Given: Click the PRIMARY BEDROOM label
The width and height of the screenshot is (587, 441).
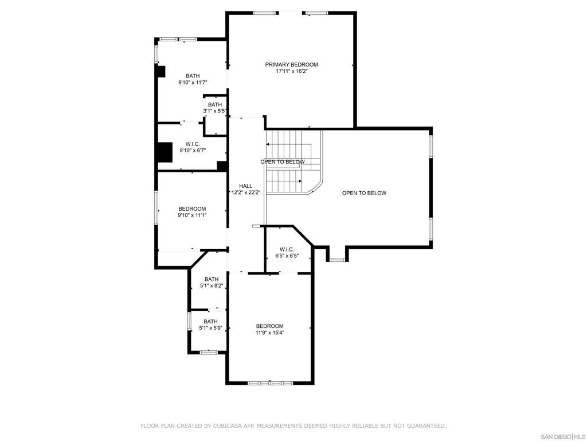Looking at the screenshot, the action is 292,64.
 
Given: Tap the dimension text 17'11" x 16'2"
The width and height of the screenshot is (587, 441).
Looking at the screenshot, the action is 292,71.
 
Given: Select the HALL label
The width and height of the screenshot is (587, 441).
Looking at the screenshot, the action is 245,186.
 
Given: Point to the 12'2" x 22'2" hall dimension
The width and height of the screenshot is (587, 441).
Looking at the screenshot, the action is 245,192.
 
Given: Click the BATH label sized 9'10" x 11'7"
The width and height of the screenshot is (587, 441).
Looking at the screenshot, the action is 193,76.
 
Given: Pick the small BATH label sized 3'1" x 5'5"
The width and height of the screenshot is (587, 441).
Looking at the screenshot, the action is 215,105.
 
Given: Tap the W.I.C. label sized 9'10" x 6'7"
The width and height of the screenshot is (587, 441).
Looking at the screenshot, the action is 193,144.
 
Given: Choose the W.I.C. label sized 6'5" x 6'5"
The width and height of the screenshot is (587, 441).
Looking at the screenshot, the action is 287,249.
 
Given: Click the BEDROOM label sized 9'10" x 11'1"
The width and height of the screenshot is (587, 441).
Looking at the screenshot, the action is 192,209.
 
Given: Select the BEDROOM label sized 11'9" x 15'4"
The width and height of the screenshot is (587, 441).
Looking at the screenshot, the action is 270,326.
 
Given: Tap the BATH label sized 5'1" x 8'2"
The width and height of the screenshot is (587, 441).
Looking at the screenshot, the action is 212,279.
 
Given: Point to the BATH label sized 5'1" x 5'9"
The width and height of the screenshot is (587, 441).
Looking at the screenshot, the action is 211,322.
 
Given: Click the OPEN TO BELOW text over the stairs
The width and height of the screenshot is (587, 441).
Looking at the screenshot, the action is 283,161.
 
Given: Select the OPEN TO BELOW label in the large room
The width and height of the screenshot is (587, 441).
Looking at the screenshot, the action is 364,193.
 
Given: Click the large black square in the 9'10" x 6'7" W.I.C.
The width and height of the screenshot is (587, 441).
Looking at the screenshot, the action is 165,152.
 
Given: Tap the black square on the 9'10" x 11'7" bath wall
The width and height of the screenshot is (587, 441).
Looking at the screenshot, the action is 161,71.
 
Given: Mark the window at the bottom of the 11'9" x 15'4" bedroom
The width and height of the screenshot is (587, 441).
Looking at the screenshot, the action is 271,383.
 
